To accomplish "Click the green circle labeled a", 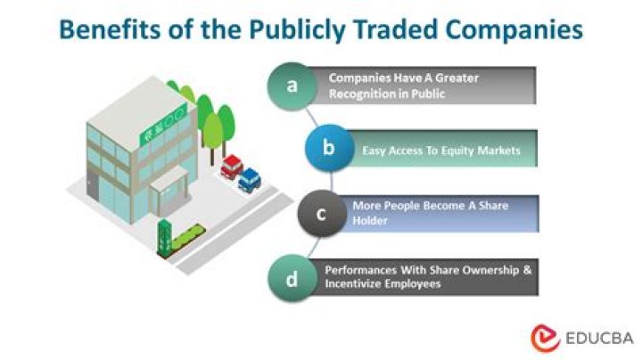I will [x=291, y=86].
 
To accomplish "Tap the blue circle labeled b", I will [x=328, y=148].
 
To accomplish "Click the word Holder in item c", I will [x=370, y=220].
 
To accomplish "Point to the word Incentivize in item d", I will [x=362, y=282].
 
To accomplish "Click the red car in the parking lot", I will [x=232, y=166].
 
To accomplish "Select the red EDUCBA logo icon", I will [x=543, y=337].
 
